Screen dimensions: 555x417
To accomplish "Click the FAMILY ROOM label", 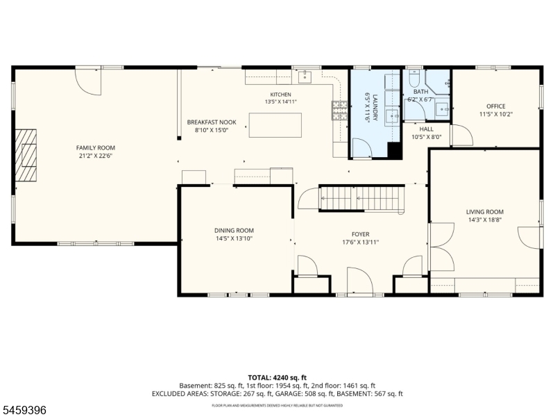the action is coord(96,148).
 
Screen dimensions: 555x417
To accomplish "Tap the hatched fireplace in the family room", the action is coord(26,155).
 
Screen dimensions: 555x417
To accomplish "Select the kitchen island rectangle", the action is coord(275,125).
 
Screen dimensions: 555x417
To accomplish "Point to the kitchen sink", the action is coord(305,76).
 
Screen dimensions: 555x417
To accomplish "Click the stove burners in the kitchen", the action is coord(339,111).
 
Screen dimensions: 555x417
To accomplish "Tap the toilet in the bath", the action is coord(414,79).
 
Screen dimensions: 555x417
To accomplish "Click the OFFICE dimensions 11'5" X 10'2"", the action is coord(496,114).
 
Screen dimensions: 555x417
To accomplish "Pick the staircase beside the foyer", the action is coord(361,199).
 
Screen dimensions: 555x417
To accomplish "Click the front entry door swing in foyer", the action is coord(360,281).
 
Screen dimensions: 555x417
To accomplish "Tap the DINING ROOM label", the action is coord(234,231).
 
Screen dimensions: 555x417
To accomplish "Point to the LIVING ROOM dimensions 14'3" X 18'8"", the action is coord(485,220).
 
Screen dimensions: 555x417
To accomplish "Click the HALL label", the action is coord(427,129).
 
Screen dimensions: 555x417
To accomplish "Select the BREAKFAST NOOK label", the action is coord(212,122).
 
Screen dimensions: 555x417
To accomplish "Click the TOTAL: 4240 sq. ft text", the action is coord(277,377).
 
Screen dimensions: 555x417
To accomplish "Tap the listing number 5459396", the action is coord(24,410).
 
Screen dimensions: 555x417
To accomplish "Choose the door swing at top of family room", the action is coord(88,82).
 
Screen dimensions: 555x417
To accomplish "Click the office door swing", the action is coord(463,135).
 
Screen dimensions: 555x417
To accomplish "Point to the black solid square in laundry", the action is coord(395,150).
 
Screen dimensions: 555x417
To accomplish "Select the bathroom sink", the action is coord(442,109).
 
